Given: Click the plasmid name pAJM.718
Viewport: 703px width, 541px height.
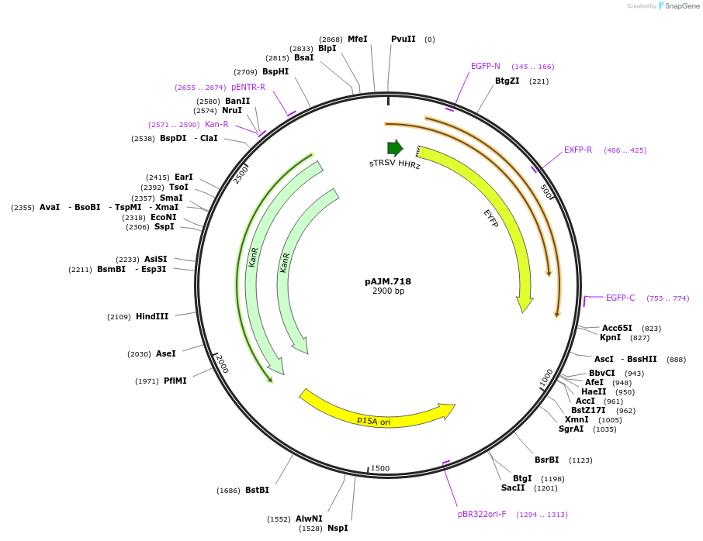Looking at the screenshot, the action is coord(388,281).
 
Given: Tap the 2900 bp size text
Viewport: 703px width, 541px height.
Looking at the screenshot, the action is coord(388,291).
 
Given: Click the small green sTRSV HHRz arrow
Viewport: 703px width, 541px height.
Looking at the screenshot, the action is coord(395,148).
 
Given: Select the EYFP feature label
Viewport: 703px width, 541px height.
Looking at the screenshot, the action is coord(490,218).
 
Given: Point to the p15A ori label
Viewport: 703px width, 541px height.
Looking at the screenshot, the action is coord(374,421).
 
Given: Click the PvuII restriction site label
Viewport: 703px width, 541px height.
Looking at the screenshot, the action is coord(403,39).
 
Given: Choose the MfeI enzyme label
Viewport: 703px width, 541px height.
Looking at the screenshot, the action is coord(357,39).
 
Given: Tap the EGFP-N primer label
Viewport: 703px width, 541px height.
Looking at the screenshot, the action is coord(486,66).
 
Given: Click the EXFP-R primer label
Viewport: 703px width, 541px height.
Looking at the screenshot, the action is coord(578,150).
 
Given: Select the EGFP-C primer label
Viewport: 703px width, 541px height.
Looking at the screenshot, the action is coord(620,298).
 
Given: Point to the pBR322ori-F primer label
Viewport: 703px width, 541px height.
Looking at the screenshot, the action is coord(482,514).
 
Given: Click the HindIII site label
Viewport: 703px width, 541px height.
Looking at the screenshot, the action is coord(152,316).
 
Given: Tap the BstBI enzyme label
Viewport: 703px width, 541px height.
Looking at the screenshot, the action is coord(257,490).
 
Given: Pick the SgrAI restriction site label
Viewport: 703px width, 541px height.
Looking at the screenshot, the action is coord(571,429).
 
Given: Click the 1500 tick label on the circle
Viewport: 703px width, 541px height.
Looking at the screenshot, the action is coord(380,468).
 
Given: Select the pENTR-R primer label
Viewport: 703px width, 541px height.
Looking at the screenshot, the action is coord(248,87).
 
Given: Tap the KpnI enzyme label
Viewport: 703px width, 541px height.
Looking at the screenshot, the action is coord(610,337).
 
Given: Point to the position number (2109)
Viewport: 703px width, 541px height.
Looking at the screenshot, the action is coord(119,316).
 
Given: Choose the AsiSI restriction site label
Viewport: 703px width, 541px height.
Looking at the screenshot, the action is coord(155,259).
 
